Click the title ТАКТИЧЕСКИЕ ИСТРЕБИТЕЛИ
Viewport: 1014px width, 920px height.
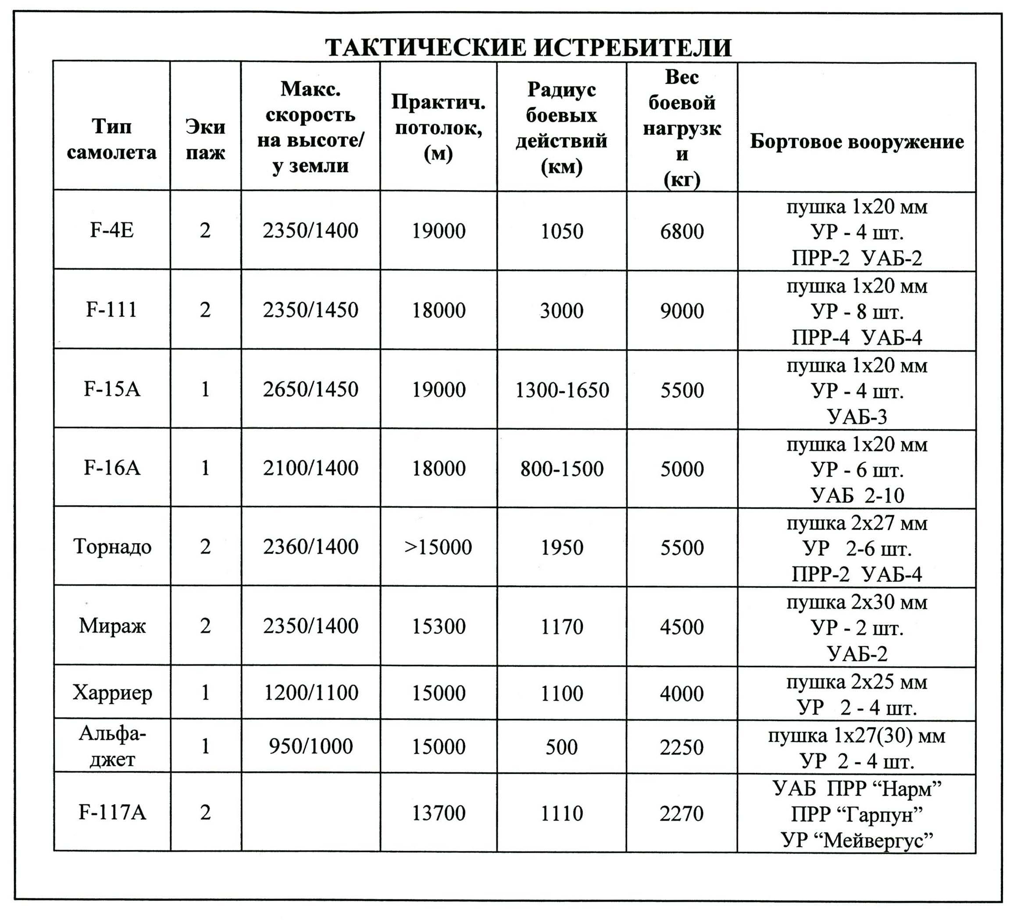528,48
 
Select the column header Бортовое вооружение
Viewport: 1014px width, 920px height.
857,142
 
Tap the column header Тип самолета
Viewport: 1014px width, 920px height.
112,139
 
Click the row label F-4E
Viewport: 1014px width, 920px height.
112,230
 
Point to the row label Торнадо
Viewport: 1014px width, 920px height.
112,546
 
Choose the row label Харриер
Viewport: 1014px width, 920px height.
112,693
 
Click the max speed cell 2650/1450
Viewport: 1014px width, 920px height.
311,389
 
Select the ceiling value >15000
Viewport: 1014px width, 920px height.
438,547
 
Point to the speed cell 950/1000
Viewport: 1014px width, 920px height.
311,746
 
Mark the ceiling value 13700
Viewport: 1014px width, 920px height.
438,813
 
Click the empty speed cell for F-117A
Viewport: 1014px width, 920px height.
311,812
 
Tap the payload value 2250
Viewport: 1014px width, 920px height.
682,747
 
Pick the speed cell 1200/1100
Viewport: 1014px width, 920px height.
311,693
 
